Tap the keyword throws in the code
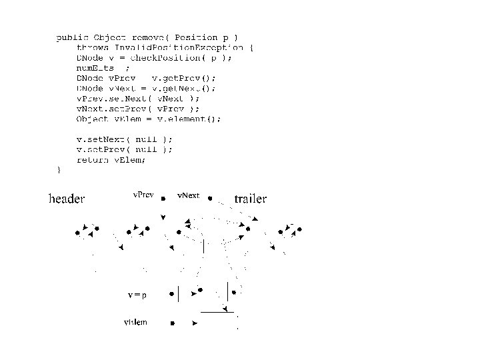coord(93,47)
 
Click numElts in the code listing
coord(95,67)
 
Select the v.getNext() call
coord(183,87)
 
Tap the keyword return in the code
coord(93,159)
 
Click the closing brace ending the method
coord(59,169)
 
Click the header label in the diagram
coord(67,199)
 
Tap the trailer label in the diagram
coord(250,199)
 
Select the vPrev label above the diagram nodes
coord(143,195)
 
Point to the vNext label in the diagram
coord(188,195)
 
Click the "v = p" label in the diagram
coord(137,293)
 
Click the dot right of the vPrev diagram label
coord(164,198)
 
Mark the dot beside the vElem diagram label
coord(172,323)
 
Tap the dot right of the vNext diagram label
coord(210,198)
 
